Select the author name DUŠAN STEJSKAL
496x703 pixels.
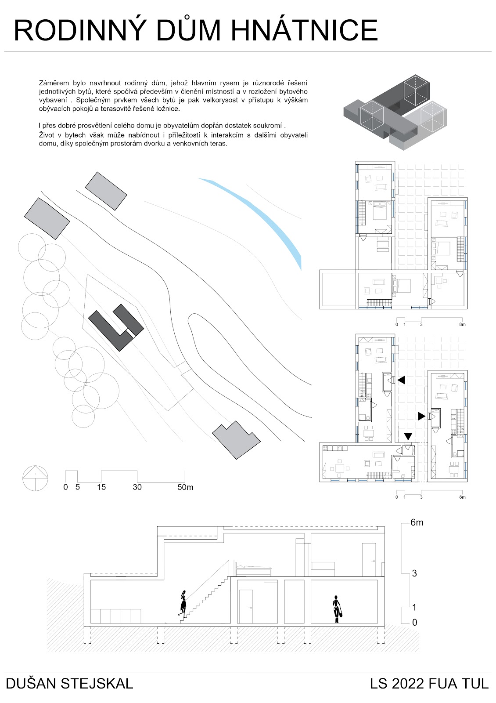point(69,684)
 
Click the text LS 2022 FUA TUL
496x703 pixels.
point(429,684)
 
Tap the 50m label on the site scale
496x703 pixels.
point(185,487)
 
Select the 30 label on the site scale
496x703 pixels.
point(137,487)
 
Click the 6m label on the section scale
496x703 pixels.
point(417,522)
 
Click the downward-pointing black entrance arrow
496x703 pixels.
point(408,436)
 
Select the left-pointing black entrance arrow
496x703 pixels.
point(401,380)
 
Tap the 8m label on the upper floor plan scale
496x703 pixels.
point(461,325)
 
